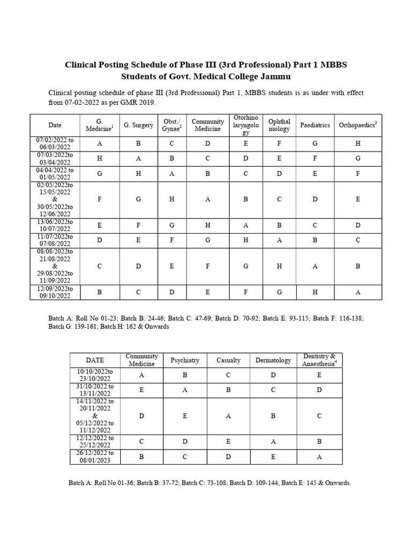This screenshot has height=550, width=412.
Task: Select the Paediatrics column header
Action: tap(315, 125)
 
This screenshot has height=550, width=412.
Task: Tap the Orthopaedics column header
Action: tap(358, 125)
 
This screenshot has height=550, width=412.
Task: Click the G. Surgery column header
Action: tap(138, 125)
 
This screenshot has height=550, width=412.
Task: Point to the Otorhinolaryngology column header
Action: tap(246, 125)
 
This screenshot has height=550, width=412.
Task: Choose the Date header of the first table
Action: tap(55, 125)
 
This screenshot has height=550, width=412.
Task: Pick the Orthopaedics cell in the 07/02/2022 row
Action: tap(358, 143)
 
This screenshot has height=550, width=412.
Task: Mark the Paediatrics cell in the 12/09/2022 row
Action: tap(315, 292)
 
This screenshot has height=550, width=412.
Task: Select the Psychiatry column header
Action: tap(185, 360)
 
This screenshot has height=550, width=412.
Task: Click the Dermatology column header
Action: tap(273, 360)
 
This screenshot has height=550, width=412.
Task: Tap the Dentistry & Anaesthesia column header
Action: tap(319, 360)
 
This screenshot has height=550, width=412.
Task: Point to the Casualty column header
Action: tap(229, 360)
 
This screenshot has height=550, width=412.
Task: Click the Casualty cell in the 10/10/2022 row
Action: tap(229, 375)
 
